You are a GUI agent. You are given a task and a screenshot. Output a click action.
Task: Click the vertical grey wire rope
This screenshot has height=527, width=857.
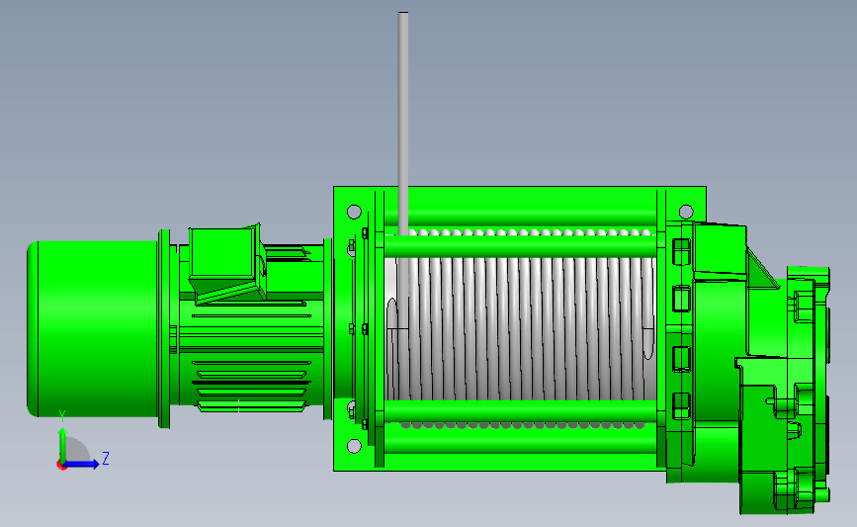pos(403,124)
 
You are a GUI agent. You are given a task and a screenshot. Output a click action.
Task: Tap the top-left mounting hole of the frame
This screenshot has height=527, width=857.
pos(354,212)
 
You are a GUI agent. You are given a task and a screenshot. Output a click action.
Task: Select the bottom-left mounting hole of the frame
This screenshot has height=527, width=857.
pos(354,446)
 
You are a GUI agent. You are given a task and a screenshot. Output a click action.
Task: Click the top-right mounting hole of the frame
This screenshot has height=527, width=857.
pos(686,212)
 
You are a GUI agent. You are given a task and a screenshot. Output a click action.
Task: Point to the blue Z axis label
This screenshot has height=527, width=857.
pos(106,458)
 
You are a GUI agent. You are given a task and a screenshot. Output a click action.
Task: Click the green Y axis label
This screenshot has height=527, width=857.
pos(62,417)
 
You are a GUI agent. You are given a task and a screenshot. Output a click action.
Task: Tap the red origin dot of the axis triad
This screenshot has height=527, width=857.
pos(61,466)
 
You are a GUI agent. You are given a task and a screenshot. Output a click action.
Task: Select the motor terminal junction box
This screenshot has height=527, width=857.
pos(225,264)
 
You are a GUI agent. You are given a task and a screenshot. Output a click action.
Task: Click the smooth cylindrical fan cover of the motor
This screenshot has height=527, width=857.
pos(93,329)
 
